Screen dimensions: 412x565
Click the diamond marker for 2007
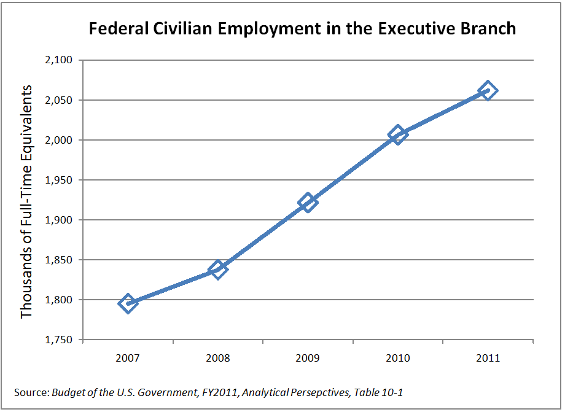pyautogui.click(x=128, y=303)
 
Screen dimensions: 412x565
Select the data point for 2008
pyautogui.click(x=217, y=269)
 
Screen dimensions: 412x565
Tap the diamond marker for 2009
pyautogui.click(x=308, y=202)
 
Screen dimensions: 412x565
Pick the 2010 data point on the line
pyautogui.click(x=397, y=134)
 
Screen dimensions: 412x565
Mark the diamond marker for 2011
pyautogui.click(x=488, y=91)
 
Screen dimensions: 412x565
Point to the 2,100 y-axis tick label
pyautogui.click(x=58, y=60)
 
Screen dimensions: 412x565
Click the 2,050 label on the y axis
pyautogui.click(x=58, y=100)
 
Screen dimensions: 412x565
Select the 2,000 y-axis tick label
pyautogui.click(x=58, y=140)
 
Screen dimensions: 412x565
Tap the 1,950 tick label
pyautogui.click(x=58, y=180)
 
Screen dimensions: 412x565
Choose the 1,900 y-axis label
pyautogui.click(x=58, y=220)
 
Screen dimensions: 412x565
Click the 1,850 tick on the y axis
pyautogui.click(x=58, y=260)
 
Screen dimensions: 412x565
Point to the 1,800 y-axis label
pyautogui.click(x=58, y=300)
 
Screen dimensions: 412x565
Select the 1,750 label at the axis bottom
pyautogui.click(x=58, y=340)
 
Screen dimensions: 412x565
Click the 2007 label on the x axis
pyautogui.click(x=128, y=358)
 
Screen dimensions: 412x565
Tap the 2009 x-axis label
pyautogui.click(x=308, y=358)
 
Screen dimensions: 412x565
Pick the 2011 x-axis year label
pyautogui.click(x=488, y=358)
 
